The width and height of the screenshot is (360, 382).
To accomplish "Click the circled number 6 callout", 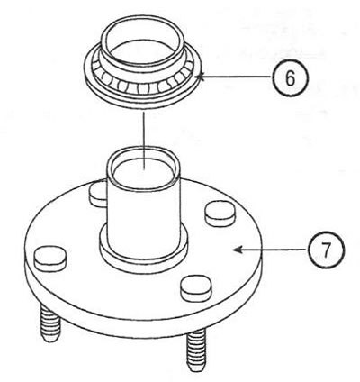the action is pos(290,78).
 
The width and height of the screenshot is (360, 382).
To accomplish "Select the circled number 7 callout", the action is pos(327,250).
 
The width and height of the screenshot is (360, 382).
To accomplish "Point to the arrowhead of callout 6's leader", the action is pos(201,77).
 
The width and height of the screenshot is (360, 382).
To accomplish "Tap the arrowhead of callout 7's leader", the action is pos(238,250).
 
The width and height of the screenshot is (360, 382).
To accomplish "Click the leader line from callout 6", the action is pos(235,77).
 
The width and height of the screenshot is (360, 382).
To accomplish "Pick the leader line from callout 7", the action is pos(271,250).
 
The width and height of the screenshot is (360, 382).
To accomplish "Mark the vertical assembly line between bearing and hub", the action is pos(144,141).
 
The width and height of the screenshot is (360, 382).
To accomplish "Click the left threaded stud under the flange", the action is pos(50,323).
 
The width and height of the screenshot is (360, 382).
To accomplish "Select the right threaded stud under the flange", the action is pos(196,350).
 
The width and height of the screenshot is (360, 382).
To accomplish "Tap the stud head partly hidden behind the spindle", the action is pos(98,196).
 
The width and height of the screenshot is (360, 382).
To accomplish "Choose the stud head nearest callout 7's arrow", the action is pos(220,214).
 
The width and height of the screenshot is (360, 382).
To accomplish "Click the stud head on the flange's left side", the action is pos(50,259).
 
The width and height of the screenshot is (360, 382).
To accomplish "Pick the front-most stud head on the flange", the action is pos(197,288).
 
